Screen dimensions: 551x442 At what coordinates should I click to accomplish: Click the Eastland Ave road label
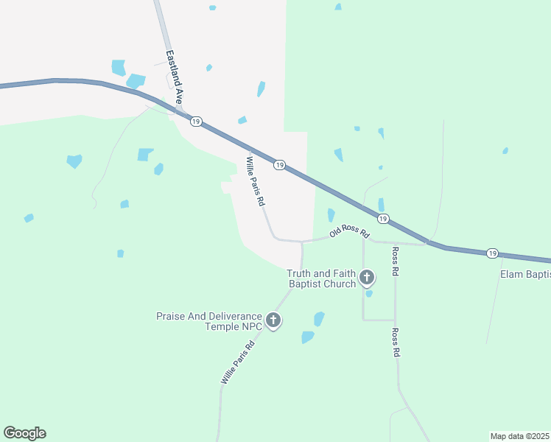(x=174, y=76)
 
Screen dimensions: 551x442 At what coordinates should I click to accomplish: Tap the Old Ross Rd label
(x=349, y=232)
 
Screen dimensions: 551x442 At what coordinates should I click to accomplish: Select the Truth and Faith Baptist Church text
(x=321, y=278)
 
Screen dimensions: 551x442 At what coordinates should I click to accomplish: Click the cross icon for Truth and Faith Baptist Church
(x=367, y=278)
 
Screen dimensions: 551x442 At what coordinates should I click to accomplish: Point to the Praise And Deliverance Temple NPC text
(x=209, y=320)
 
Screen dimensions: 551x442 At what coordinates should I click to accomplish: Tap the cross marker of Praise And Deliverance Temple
(x=273, y=320)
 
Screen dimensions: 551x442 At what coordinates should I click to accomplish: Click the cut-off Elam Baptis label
(x=524, y=275)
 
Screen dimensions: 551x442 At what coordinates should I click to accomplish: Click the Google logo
(x=24, y=433)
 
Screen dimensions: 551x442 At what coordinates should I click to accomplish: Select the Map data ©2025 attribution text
(x=519, y=435)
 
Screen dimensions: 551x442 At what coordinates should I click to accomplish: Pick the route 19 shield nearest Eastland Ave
(x=195, y=122)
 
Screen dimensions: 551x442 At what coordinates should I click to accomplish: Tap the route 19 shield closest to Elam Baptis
(x=492, y=253)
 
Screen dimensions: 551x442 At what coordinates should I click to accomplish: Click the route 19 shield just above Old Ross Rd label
(x=383, y=219)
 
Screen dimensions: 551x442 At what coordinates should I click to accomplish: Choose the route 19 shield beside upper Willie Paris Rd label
(x=279, y=165)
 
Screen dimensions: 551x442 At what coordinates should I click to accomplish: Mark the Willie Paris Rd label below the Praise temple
(x=238, y=362)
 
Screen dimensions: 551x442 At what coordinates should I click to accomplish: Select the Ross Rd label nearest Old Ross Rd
(x=396, y=262)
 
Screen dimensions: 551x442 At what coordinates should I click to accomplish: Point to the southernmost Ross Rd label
(x=396, y=343)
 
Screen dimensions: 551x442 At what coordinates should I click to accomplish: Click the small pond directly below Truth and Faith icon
(x=369, y=293)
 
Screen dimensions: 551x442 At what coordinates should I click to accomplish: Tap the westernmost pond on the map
(x=29, y=218)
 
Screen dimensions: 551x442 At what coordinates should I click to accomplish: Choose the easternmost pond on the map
(x=505, y=151)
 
